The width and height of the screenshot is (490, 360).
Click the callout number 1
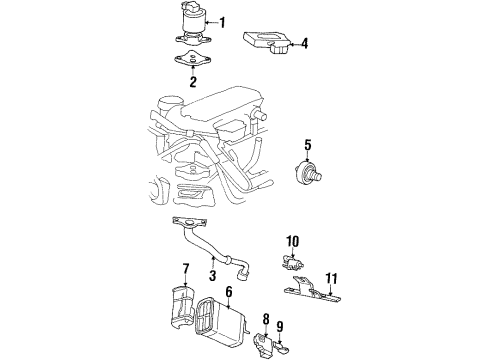click(222, 22)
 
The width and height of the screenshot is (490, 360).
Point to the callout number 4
click(305, 43)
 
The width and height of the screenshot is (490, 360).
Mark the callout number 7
click(186, 268)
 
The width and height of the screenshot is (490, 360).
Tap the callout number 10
click(293, 242)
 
